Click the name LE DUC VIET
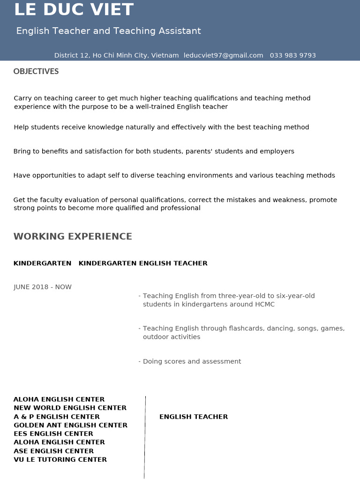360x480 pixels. [74, 10]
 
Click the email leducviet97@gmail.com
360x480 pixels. [223, 55]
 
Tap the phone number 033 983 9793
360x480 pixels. [293, 55]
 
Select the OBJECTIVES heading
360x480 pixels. [36, 71]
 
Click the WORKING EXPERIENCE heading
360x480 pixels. [73, 236]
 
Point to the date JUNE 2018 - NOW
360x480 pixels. [43, 287]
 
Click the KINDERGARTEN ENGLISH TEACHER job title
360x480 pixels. [143, 263]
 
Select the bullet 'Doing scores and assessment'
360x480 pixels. [192, 361]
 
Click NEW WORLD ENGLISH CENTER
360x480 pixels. [70, 408]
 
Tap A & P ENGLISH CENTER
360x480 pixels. [57, 417]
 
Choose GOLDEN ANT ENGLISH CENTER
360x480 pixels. [70, 425]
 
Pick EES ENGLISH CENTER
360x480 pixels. [53, 434]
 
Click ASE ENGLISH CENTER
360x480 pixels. [53, 451]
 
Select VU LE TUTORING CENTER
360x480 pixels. [60, 459]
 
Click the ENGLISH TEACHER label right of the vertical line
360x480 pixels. [194, 417]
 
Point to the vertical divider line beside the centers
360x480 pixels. [145, 436]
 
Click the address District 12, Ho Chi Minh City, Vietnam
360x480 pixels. [116, 55]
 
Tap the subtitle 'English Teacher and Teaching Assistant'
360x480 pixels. [108, 31]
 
